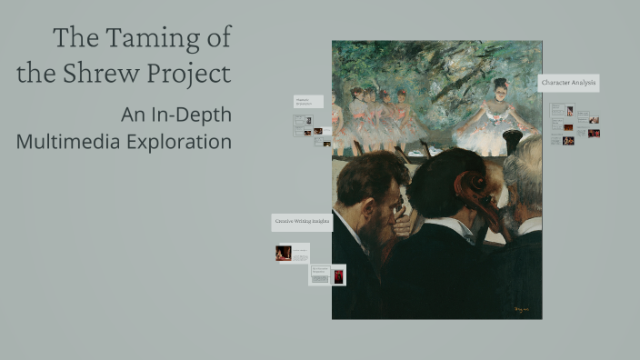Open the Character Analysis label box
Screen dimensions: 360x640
568,83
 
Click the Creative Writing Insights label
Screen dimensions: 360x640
302,221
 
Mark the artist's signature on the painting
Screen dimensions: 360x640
521,309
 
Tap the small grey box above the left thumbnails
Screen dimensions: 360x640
307,102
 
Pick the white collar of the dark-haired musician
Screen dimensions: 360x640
452,226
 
